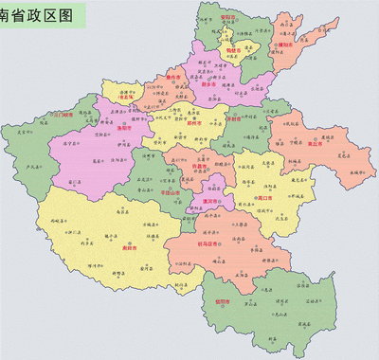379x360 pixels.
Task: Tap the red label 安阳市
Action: [227, 17]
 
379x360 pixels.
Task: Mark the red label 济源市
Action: [131, 96]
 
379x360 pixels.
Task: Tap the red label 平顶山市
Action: [171, 193]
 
